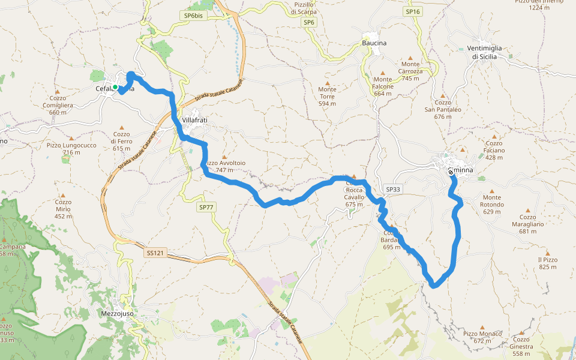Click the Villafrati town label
pyautogui.click(x=194, y=120)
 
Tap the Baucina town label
pyautogui.click(x=374, y=43)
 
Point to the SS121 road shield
pyautogui.click(x=155, y=254)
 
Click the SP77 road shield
pyautogui.click(x=206, y=207)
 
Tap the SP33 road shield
pyautogui.click(x=393, y=189)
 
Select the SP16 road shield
pyautogui.click(x=412, y=11)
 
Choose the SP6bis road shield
pyautogui.click(x=193, y=16)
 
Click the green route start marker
pyautogui.click(x=115, y=87)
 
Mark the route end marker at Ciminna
pyautogui.click(x=451, y=172)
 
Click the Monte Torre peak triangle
pyautogui.click(x=328, y=83)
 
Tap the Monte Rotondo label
pyautogui.click(x=493, y=201)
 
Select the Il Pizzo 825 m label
pyautogui.click(x=548, y=263)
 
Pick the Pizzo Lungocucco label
pyautogui.click(x=71, y=148)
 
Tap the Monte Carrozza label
pyautogui.click(x=410, y=67)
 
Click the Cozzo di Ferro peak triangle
pyautogui.click(x=121, y=127)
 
